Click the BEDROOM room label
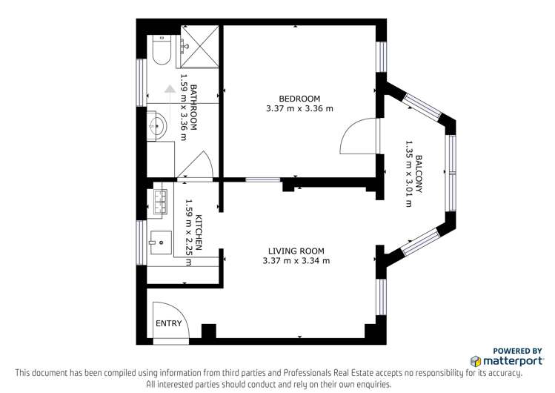299,99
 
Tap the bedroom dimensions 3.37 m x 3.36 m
299,109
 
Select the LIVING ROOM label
296,251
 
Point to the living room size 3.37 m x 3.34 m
296,261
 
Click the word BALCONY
419,174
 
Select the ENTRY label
168,323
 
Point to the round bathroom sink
157,125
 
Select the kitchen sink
160,242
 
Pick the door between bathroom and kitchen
198,165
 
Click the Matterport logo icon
476,361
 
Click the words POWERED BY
517,351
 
